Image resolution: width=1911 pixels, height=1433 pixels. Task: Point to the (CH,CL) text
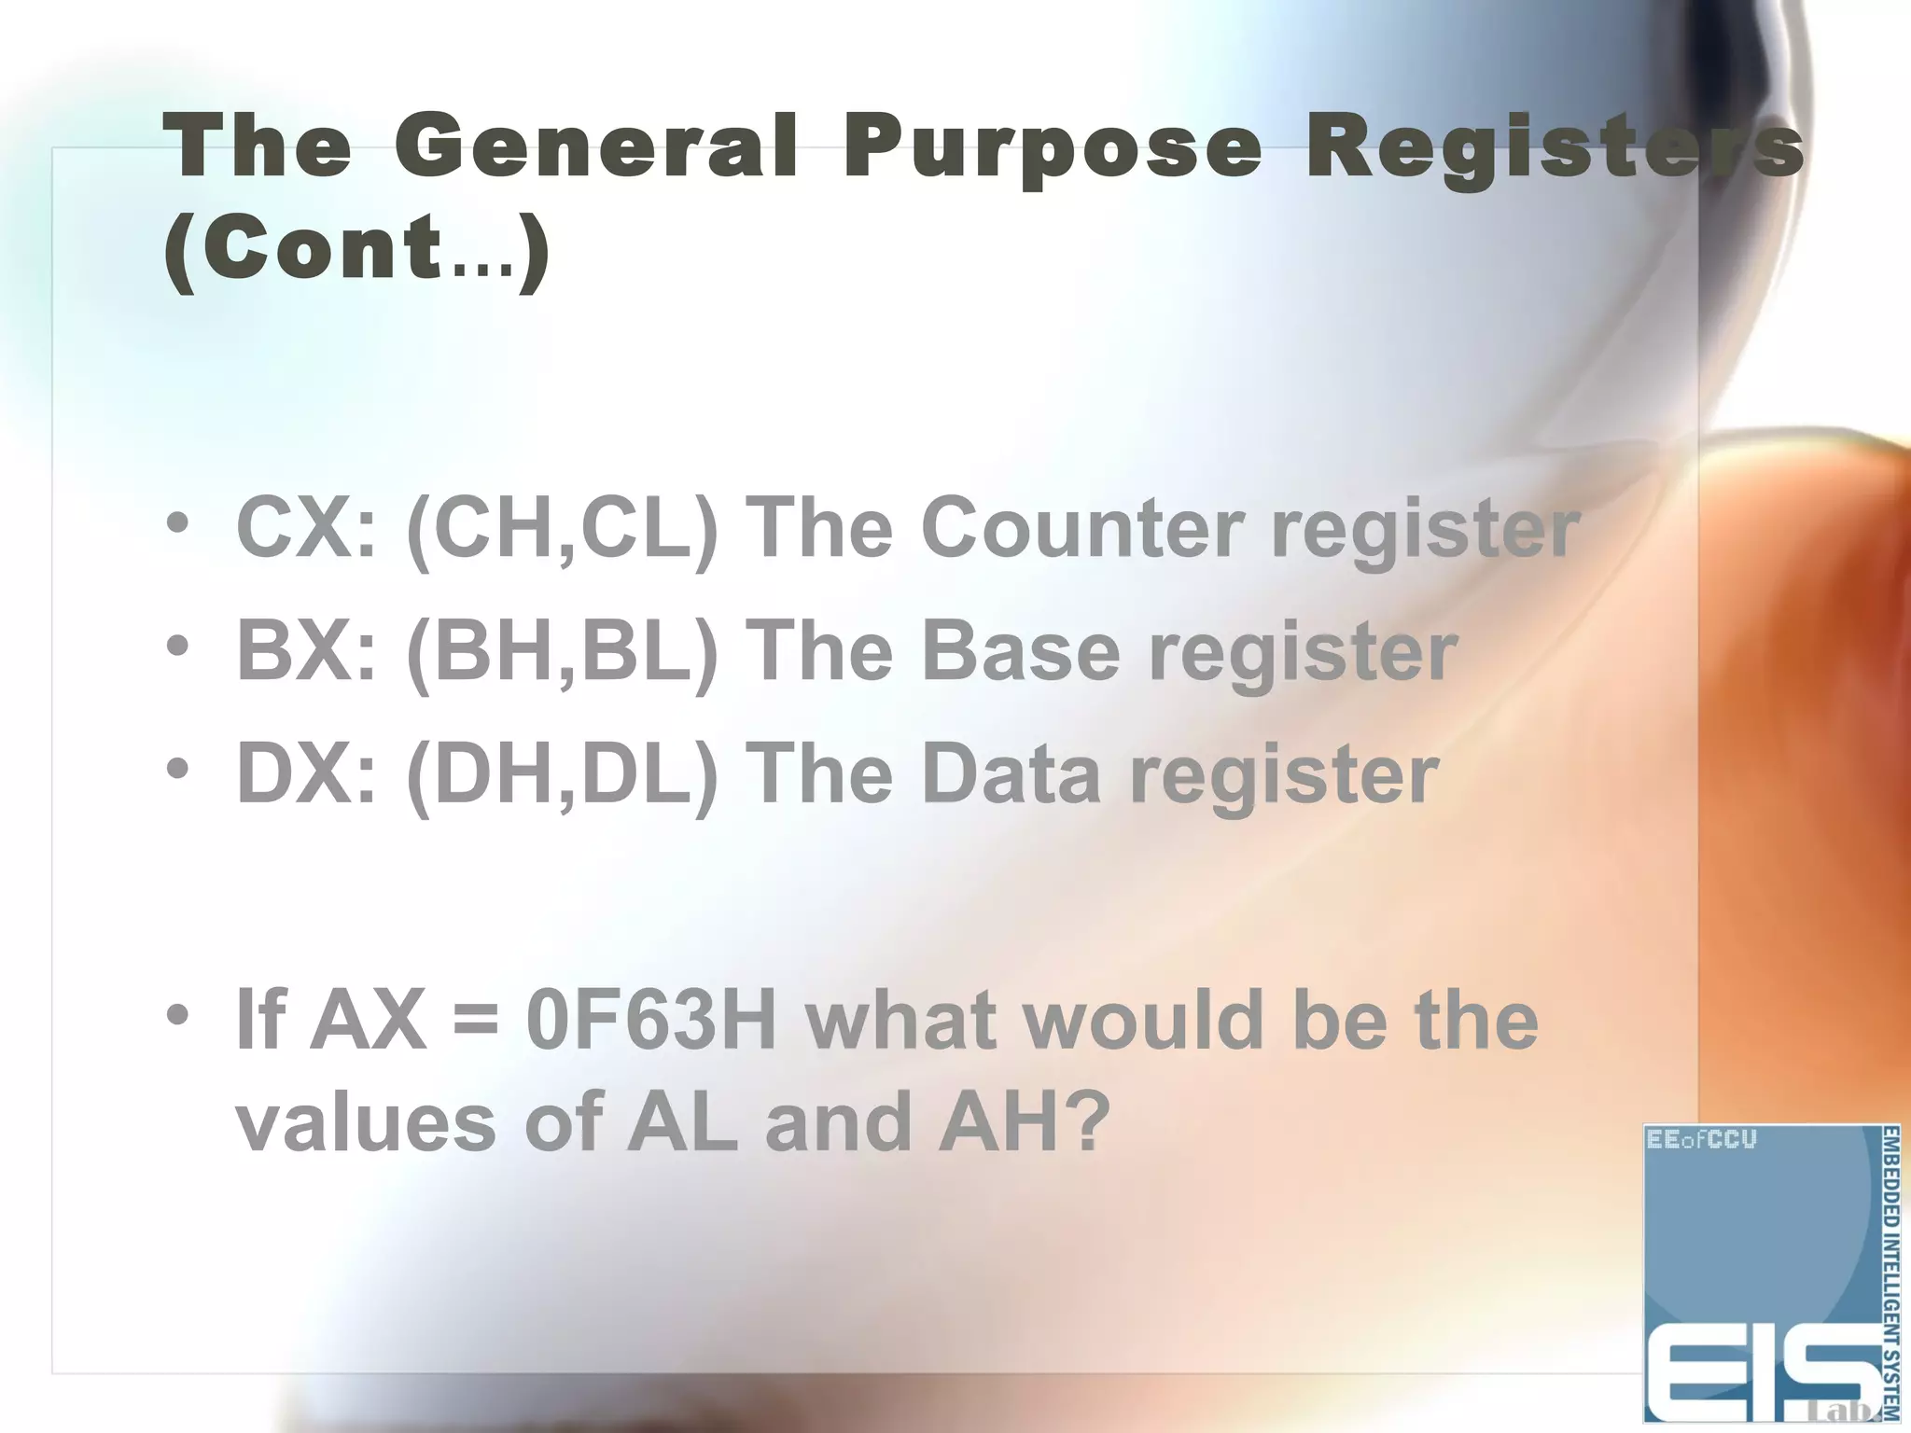coord(563,530)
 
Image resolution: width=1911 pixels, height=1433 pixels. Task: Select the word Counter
coord(1082,528)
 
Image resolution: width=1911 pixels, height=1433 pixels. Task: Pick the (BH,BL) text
coord(563,653)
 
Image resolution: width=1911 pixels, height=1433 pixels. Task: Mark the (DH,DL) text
coord(563,776)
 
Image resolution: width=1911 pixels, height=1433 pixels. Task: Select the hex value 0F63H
coord(651,1021)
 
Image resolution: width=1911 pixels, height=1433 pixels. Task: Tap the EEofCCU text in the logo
coord(1702,1140)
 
